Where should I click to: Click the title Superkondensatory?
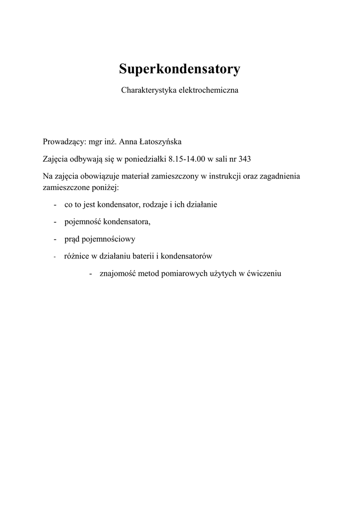pos(179,69)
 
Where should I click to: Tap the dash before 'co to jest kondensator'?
pos(54,204)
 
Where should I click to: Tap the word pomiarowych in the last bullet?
pos(187,273)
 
